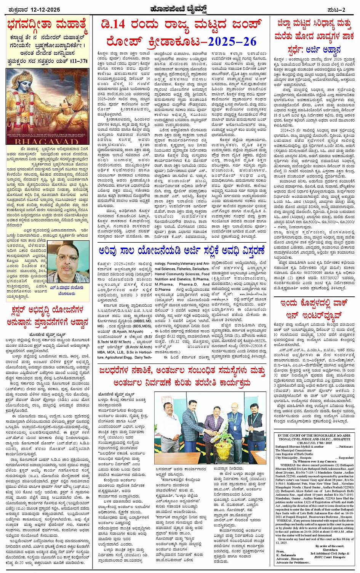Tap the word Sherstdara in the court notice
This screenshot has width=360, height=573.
(330, 550)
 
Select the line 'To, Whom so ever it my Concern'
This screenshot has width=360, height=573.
(315, 461)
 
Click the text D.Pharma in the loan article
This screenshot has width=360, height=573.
(163, 290)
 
